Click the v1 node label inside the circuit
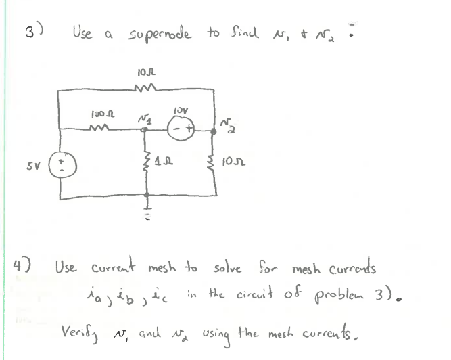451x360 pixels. [144, 116]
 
